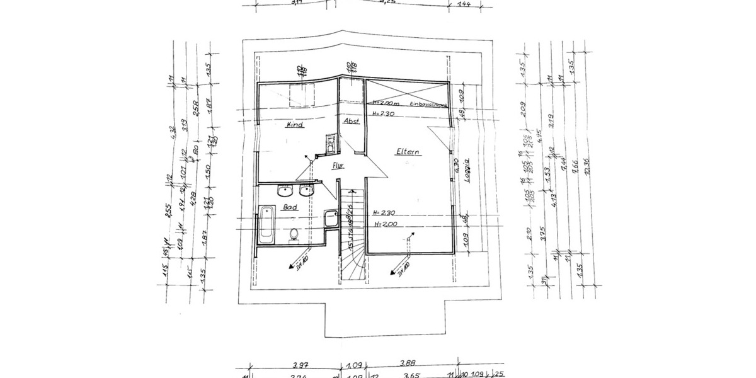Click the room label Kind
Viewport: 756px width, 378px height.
click(x=295, y=125)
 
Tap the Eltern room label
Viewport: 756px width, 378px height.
click(x=408, y=152)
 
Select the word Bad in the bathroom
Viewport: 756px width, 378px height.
click(x=290, y=207)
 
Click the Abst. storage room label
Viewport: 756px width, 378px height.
click(x=351, y=121)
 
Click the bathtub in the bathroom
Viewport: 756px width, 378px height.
click(x=266, y=224)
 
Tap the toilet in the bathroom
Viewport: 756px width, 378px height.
click(x=293, y=234)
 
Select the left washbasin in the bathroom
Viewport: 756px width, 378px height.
click(x=284, y=190)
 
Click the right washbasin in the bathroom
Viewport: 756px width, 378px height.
click(x=308, y=190)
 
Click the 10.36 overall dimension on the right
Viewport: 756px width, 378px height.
click(x=587, y=170)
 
